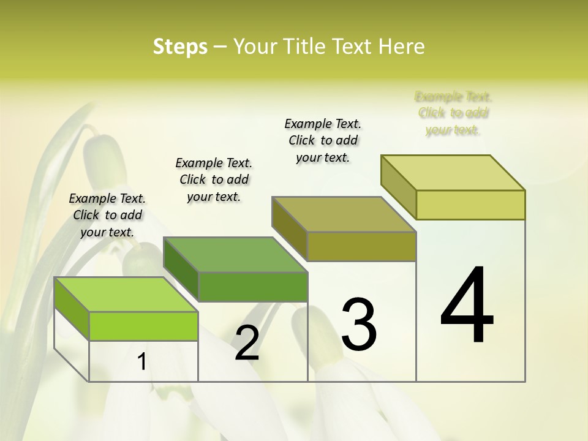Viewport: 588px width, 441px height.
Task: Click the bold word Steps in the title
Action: tap(180, 47)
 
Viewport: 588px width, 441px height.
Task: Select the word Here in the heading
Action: tap(402, 47)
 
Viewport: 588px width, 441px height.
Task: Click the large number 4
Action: tap(467, 306)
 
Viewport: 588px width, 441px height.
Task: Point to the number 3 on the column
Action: tap(359, 324)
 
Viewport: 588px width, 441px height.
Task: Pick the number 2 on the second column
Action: tap(247, 344)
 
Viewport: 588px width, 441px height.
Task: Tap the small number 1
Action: tap(141, 362)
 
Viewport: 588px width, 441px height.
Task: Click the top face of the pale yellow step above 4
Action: tap(453, 173)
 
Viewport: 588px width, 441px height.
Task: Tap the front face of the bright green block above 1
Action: tap(143, 326)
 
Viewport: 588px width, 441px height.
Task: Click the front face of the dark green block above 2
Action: tap(253, 287)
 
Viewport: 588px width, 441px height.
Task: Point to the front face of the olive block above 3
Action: tap(361, 246)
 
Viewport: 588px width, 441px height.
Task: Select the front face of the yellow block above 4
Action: tap(470, 205)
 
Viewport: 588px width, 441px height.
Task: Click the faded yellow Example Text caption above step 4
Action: tap(453, 113)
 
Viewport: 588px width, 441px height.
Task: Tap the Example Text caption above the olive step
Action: tap(323, 140)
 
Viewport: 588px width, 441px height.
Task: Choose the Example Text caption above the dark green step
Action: tap(214, 179)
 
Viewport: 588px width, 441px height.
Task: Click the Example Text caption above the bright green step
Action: tap(107, 215)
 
